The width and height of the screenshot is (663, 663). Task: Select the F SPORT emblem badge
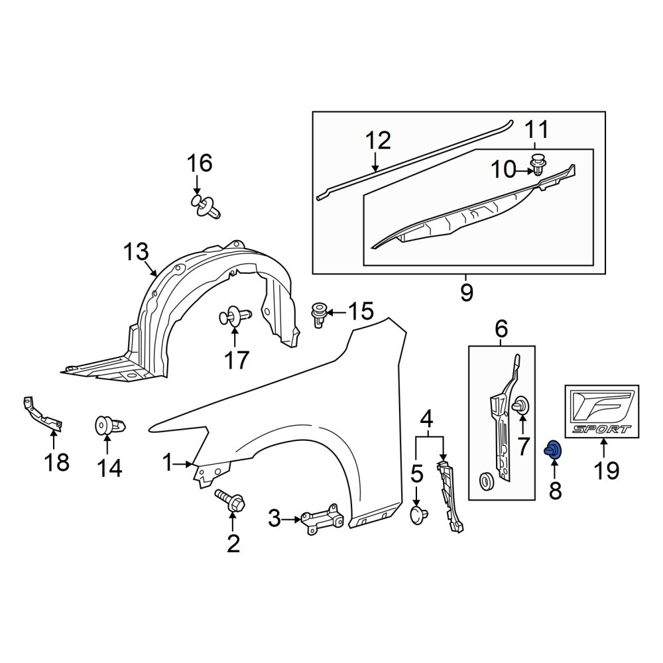602,412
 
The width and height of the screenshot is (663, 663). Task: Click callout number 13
136,251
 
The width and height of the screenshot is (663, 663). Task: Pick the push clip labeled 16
205,207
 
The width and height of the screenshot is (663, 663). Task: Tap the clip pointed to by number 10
538,165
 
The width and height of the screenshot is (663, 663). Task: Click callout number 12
378,141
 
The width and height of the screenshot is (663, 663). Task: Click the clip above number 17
235,315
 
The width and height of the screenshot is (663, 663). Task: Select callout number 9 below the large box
466,292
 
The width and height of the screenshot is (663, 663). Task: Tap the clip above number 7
520,405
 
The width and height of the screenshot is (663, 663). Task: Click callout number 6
501,329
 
